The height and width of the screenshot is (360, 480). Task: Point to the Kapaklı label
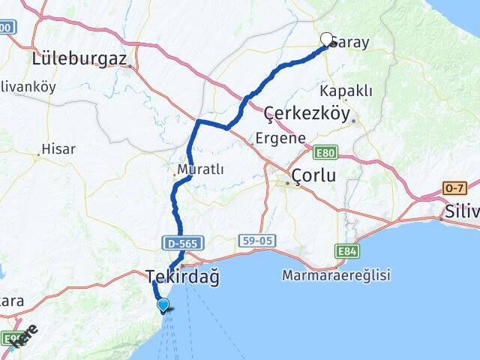346,91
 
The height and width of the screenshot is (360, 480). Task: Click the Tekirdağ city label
181,277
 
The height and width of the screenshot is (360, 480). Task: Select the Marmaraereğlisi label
336,275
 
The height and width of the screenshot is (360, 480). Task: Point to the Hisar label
58,149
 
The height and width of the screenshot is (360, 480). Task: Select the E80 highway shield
327,153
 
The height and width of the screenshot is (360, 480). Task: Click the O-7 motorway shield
455,187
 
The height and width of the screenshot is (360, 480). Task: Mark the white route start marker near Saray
327,39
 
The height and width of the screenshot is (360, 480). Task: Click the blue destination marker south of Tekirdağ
163,304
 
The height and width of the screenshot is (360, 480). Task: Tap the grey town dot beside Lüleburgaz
130,67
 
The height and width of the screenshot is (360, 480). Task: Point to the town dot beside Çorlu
286,182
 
